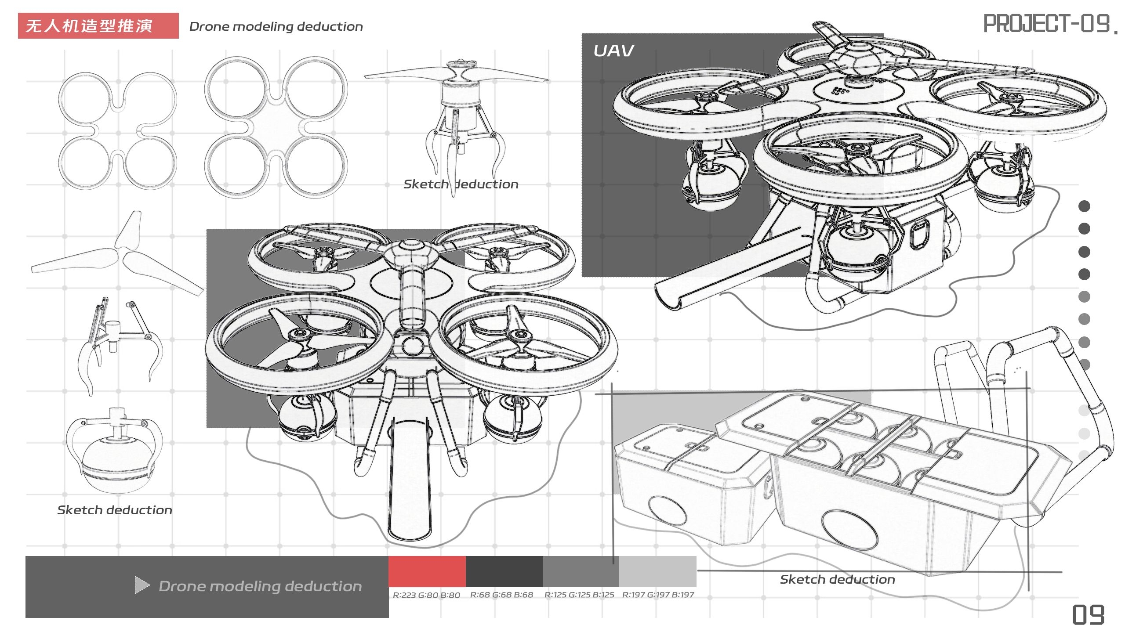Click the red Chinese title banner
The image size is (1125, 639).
[x=98, y=25]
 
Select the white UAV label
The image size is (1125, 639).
[x=613, y=51]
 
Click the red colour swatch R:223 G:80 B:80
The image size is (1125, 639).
[x=427, y=571]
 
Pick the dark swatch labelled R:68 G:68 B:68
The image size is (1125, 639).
[x=504, y=571]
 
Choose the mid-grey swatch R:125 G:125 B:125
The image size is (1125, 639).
[x=581, y=571]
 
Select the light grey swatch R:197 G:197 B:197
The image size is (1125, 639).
[x=657, y=571]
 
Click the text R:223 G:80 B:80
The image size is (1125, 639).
[x=426, y=595]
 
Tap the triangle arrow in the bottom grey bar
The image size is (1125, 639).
[x=142, y=585]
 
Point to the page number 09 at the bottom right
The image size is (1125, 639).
[x=1088, y=614]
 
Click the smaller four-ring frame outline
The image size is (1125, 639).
[x=117, y=131]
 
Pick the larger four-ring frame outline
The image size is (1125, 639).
[x=276, y=127]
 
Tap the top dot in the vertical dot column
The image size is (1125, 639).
[x=1084, y=206]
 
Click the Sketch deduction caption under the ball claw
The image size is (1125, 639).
[x=115, y=510]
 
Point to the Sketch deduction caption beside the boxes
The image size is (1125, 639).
[x=837, y=580]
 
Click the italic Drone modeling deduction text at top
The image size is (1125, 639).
[x=276, y=27]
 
